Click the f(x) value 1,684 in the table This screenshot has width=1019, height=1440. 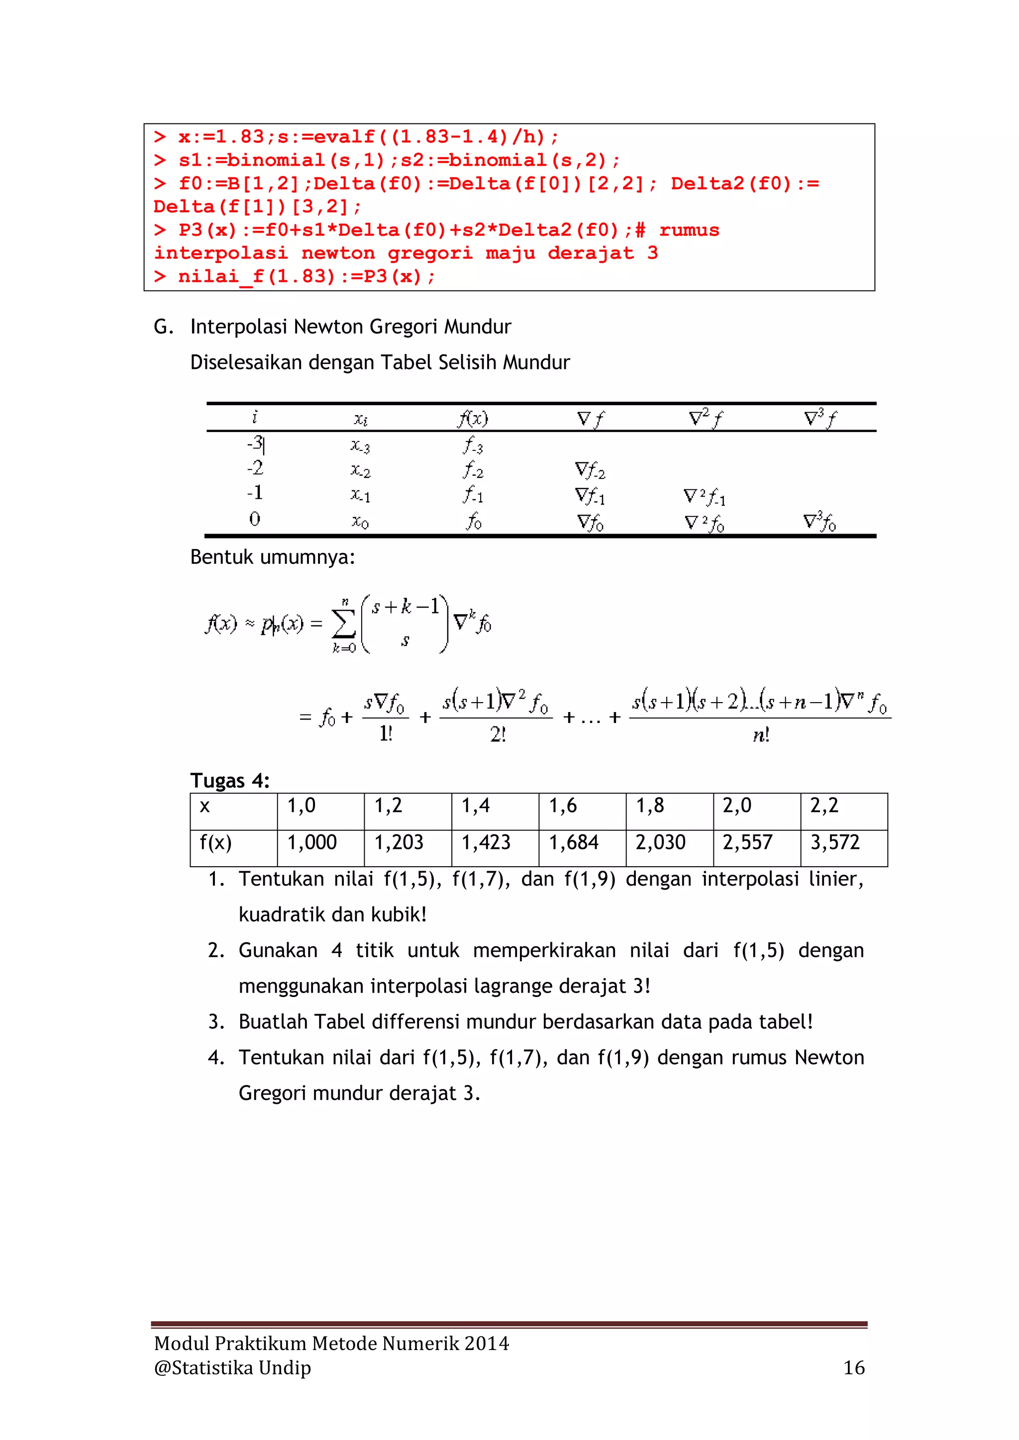coord(574,842)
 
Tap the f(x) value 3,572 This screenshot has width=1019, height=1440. coord(834,842)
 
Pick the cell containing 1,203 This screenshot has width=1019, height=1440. coord(399,842)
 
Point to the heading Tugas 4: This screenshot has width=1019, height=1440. coord(230,781)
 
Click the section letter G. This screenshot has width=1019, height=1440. coord(163,327)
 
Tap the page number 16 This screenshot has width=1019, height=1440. coord(853,1368)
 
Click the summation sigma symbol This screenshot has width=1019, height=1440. coord(343,624)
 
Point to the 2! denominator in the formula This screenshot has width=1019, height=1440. coord(498,734)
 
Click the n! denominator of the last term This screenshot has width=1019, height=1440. coord(760,734)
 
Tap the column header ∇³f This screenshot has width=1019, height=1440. coord(820,418)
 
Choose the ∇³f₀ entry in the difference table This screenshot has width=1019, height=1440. coord(819,522)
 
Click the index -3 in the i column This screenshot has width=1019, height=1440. coord(254,444)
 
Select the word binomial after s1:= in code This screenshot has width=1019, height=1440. coord(276,161)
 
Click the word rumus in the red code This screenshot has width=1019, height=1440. coord(689,230)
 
